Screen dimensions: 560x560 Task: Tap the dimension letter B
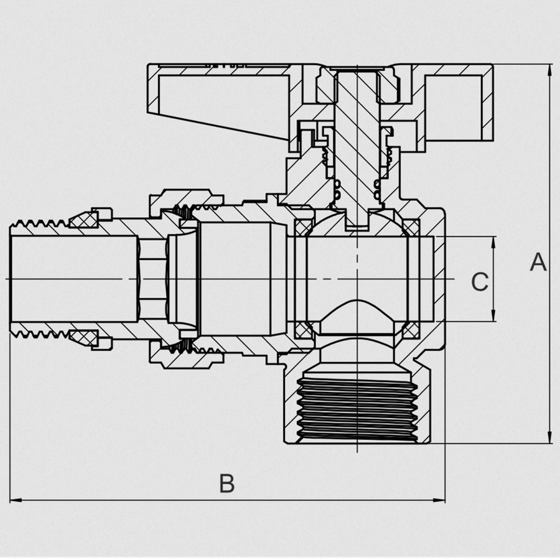227,483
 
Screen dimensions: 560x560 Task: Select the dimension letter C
479,282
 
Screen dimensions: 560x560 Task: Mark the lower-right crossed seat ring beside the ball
411,330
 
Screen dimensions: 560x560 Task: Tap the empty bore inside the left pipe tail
75,278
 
